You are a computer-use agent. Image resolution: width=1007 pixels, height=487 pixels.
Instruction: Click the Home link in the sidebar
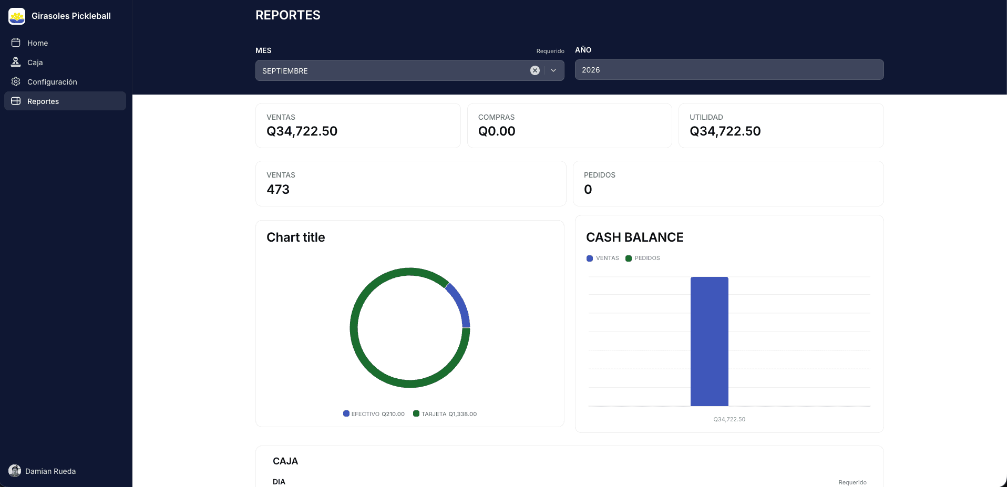(x=37, y=43)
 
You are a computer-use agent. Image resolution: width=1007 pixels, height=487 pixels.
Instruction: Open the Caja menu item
(x=35, y=63)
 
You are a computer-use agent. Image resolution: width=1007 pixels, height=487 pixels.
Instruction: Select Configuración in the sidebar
(x=52, y=82)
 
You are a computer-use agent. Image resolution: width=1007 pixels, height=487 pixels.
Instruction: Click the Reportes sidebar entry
(x=43, y=101)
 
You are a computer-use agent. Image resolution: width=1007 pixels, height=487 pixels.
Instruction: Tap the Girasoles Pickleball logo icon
(x=17, y=16)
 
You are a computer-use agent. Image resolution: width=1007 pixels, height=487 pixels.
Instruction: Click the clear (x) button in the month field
(x=535, y=70)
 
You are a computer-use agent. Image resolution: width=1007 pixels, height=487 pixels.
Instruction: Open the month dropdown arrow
(x=553, y=70)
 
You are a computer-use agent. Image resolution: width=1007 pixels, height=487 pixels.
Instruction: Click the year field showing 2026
(x=729, y=70)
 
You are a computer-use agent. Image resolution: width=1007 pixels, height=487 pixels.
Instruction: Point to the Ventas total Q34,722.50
(x=302, y=131)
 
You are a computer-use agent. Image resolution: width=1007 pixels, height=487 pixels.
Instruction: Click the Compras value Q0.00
(x=497, y=131)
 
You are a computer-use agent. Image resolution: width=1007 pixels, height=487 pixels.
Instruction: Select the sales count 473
(x=278, y=189)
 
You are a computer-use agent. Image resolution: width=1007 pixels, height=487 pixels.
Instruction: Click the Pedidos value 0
(x=588, y=189)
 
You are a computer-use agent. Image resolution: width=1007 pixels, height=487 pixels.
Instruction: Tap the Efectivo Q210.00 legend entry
(x=374, y=414)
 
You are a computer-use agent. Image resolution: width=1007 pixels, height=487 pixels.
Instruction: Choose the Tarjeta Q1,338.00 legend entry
(x=445, y=414)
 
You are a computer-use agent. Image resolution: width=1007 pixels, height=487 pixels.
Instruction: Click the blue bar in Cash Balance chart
(x=709, y=341)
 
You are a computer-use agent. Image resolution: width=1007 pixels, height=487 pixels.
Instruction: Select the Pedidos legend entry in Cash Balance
(x=642, y=258)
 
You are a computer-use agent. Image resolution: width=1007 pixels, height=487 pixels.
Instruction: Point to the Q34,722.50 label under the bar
(x=729, y=419)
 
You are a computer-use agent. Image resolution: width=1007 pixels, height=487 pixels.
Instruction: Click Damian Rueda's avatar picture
(x=15, y=471)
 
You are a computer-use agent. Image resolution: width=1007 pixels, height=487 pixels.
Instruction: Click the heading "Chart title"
(x=295, y=237)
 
